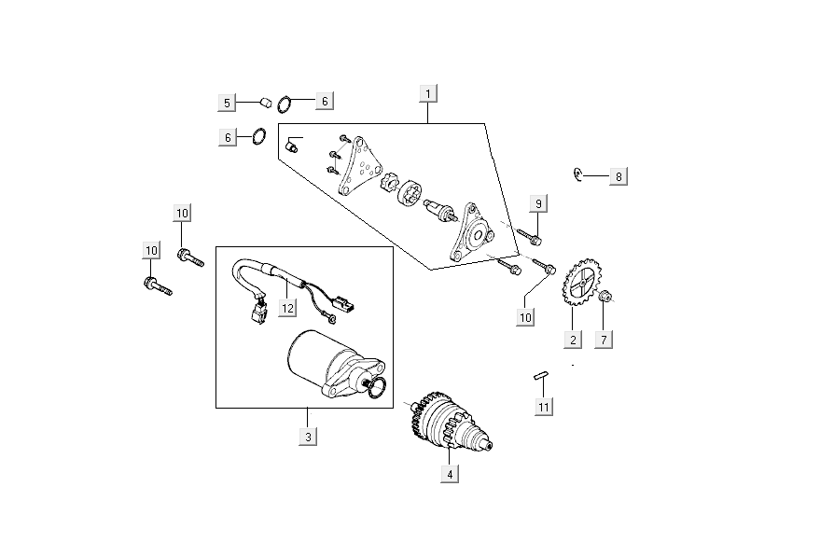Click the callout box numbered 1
(x=428, y=93)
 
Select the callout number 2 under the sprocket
(x=573, y=340)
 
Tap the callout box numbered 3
(x=306, y=436)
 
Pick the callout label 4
(x=451, y=473)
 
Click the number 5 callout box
(x=225, y=102)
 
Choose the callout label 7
(x=604, y=340)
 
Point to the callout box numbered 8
(x=618, y=175)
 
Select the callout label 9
(x=538, y=202)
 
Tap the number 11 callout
(x=543, y=406)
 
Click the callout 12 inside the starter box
(x=287, y=308)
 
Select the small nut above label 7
(x=605, y=298)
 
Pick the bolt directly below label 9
(x=529, y=236)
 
